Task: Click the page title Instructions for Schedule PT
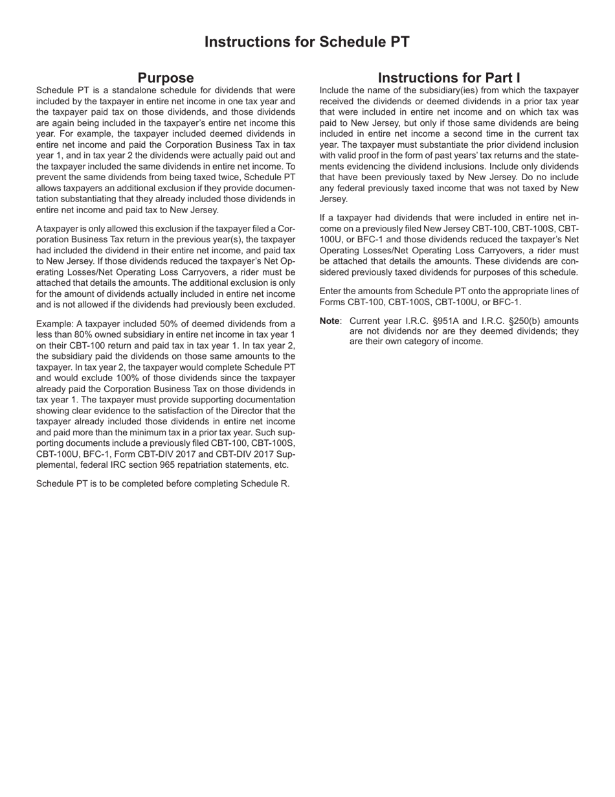pos(307,42)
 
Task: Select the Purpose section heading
pos(166,78)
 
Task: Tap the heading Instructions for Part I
pos(449,78)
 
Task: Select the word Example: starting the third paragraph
pos(54,324)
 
